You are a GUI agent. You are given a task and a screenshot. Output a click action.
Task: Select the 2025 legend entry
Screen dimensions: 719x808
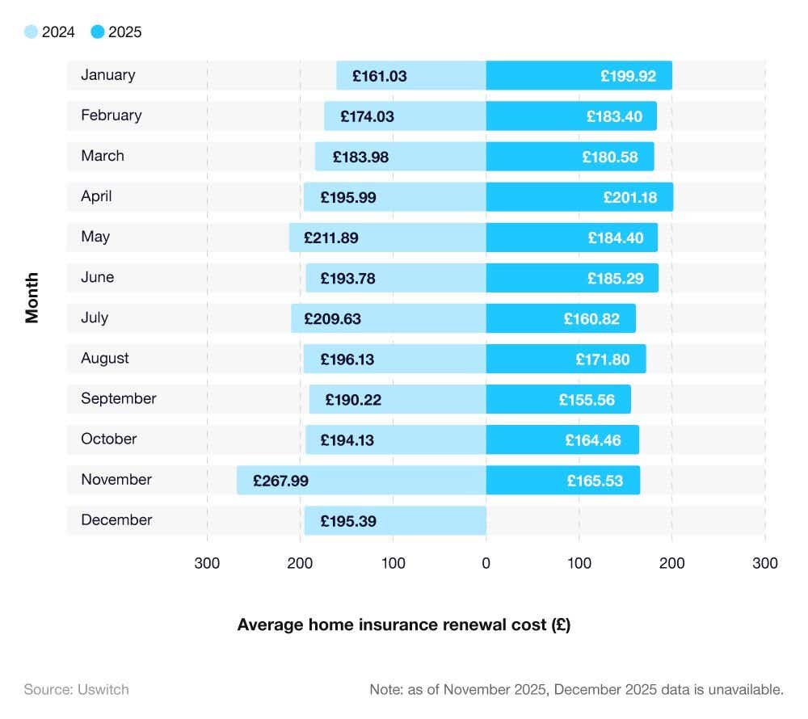(116, 32)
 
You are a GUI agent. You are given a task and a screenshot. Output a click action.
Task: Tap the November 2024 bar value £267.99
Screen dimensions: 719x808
(280, 481)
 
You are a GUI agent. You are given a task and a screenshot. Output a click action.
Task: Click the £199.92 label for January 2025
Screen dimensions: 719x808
(628, 77)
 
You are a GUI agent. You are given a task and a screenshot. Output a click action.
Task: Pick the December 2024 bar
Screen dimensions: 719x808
(395, 520)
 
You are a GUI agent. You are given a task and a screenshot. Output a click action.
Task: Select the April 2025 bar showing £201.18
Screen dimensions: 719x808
(579, 197)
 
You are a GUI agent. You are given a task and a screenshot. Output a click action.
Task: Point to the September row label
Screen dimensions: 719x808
(118, 398)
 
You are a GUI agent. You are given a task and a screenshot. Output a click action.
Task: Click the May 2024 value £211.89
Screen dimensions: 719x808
(331, 238)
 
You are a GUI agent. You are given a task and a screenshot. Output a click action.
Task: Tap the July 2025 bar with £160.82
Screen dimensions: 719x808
(561, 318)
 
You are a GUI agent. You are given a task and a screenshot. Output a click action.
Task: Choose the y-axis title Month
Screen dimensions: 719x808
(32, 297)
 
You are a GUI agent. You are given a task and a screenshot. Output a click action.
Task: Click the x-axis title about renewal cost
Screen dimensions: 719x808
(403, 624)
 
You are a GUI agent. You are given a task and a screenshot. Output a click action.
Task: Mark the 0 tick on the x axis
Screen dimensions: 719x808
(486, 563)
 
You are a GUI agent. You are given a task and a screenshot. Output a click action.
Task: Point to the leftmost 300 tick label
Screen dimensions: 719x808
(207, 563)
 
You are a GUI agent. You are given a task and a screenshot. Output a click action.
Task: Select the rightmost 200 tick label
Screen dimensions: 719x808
(671, 563)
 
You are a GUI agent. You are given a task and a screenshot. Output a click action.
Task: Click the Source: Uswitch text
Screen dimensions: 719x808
(76, 689)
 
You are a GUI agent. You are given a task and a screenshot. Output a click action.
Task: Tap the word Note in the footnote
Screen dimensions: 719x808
(385, 689)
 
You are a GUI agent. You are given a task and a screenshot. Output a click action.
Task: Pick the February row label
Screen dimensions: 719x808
(111, 116)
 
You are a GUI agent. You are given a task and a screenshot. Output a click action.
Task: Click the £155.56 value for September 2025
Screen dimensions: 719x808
(586, 400)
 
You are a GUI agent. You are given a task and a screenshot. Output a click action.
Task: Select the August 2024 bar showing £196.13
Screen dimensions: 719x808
(394, 359)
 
